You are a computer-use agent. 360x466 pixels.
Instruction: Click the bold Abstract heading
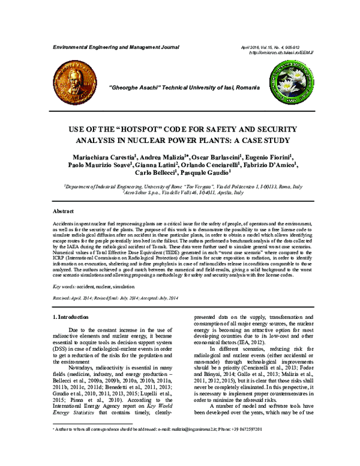[x=63, y=212]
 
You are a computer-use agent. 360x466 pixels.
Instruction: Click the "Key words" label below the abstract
[x=64, y=288]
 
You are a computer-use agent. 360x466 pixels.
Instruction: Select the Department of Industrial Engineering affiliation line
[x=179, y=187]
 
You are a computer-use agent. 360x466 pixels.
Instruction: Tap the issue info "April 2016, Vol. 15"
[x=265, y=46]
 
